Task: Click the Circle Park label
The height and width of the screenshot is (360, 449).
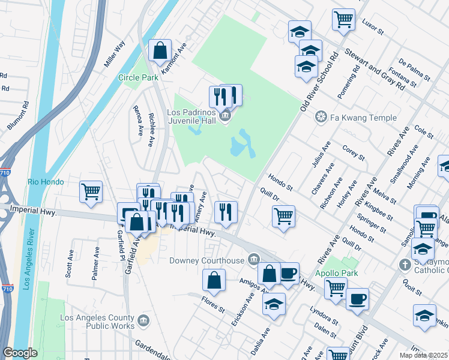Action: tap(138, 77)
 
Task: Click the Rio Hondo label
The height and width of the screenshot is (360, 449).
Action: tap(45, 182)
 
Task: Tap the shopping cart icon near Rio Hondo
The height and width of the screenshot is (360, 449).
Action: tap(91, 192)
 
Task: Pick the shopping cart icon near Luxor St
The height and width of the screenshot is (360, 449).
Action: tap(343, 20)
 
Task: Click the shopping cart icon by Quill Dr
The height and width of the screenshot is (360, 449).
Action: tap(283, 216)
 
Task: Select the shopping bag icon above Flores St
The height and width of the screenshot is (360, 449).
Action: tap(214, 280)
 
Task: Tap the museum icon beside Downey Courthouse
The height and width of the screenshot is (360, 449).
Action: tap(254, 260)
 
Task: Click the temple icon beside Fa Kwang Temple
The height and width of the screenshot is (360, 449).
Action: tap(322, 116)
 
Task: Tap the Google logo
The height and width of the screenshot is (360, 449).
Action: tap(20, 353)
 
